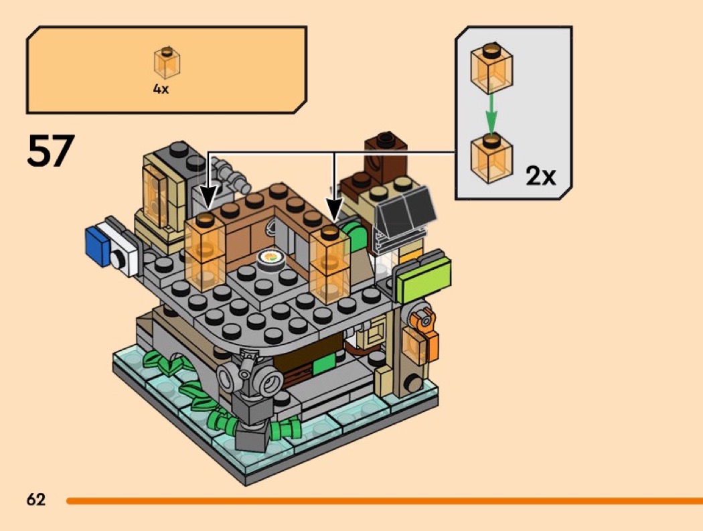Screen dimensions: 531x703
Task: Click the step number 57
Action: [51, 151]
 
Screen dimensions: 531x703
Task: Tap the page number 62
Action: [36, 500]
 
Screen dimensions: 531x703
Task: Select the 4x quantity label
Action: [161, 88]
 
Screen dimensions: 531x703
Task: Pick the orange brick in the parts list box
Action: [167, 63]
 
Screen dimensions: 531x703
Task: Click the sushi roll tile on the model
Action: [270, 257]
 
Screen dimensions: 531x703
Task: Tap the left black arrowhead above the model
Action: [207, 198]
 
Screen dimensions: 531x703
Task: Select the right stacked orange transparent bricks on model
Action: [331, 264]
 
